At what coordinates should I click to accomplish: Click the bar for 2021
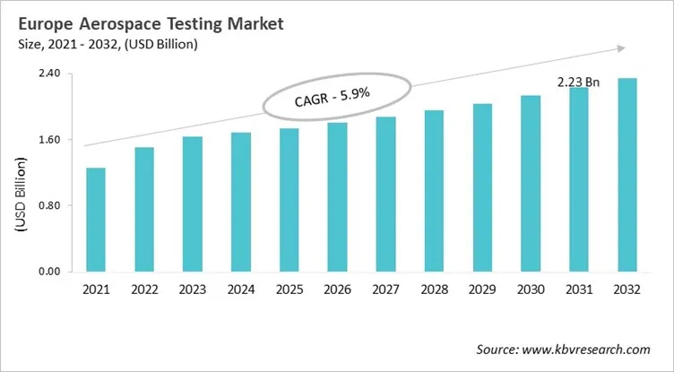point(96,220)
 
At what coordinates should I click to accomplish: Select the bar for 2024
point(241,202)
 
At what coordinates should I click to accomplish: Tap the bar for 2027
point(386,194)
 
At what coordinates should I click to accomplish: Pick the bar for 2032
point(627,175)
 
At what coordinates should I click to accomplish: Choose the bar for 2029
point(483,187)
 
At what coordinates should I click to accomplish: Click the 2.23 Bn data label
point(578,82)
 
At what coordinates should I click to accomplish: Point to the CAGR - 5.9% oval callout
point(336,95)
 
